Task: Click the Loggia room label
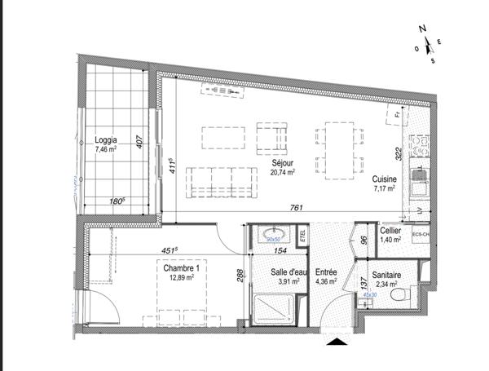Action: tap(106, 139)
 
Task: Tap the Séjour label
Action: tap(283, 161)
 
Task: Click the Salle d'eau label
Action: tap(289, 272)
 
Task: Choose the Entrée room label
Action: tap(327, 272)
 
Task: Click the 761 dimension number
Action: tap(297, 208)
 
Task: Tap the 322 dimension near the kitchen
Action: tap(399, 153)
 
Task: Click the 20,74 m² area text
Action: tap(282, 171)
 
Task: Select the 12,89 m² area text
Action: tap(180, 278)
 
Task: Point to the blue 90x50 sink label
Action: tap(274, 240)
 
